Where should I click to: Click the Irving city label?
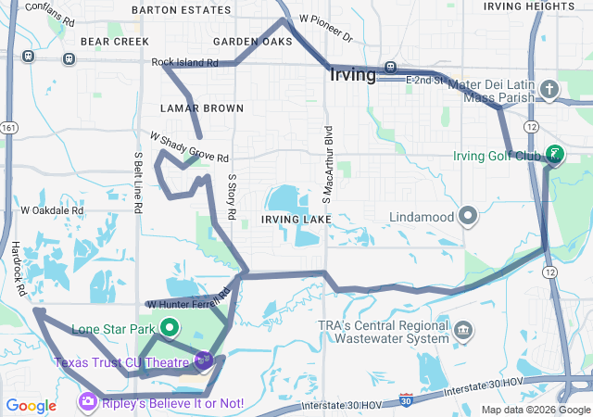[352, 74]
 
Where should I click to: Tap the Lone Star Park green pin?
[170, 327]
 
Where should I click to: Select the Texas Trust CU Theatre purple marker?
[204, 360]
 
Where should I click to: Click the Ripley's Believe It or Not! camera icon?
[87, 402]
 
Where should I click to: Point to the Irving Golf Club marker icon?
[554, 154]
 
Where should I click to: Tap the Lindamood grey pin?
[469, 216]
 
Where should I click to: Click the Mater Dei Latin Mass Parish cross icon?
[549, 90]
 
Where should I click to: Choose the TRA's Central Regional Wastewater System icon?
[464, 330]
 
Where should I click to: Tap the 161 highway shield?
[9, 127]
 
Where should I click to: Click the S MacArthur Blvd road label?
[327, 164]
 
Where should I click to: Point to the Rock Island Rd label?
[184, 63]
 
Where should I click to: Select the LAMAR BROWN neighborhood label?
[188, 107]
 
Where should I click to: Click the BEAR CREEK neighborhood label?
[115, 42]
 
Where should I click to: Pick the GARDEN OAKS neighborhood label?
[252, 42]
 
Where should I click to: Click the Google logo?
[32, 405]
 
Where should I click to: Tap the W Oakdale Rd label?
[52, 210]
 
